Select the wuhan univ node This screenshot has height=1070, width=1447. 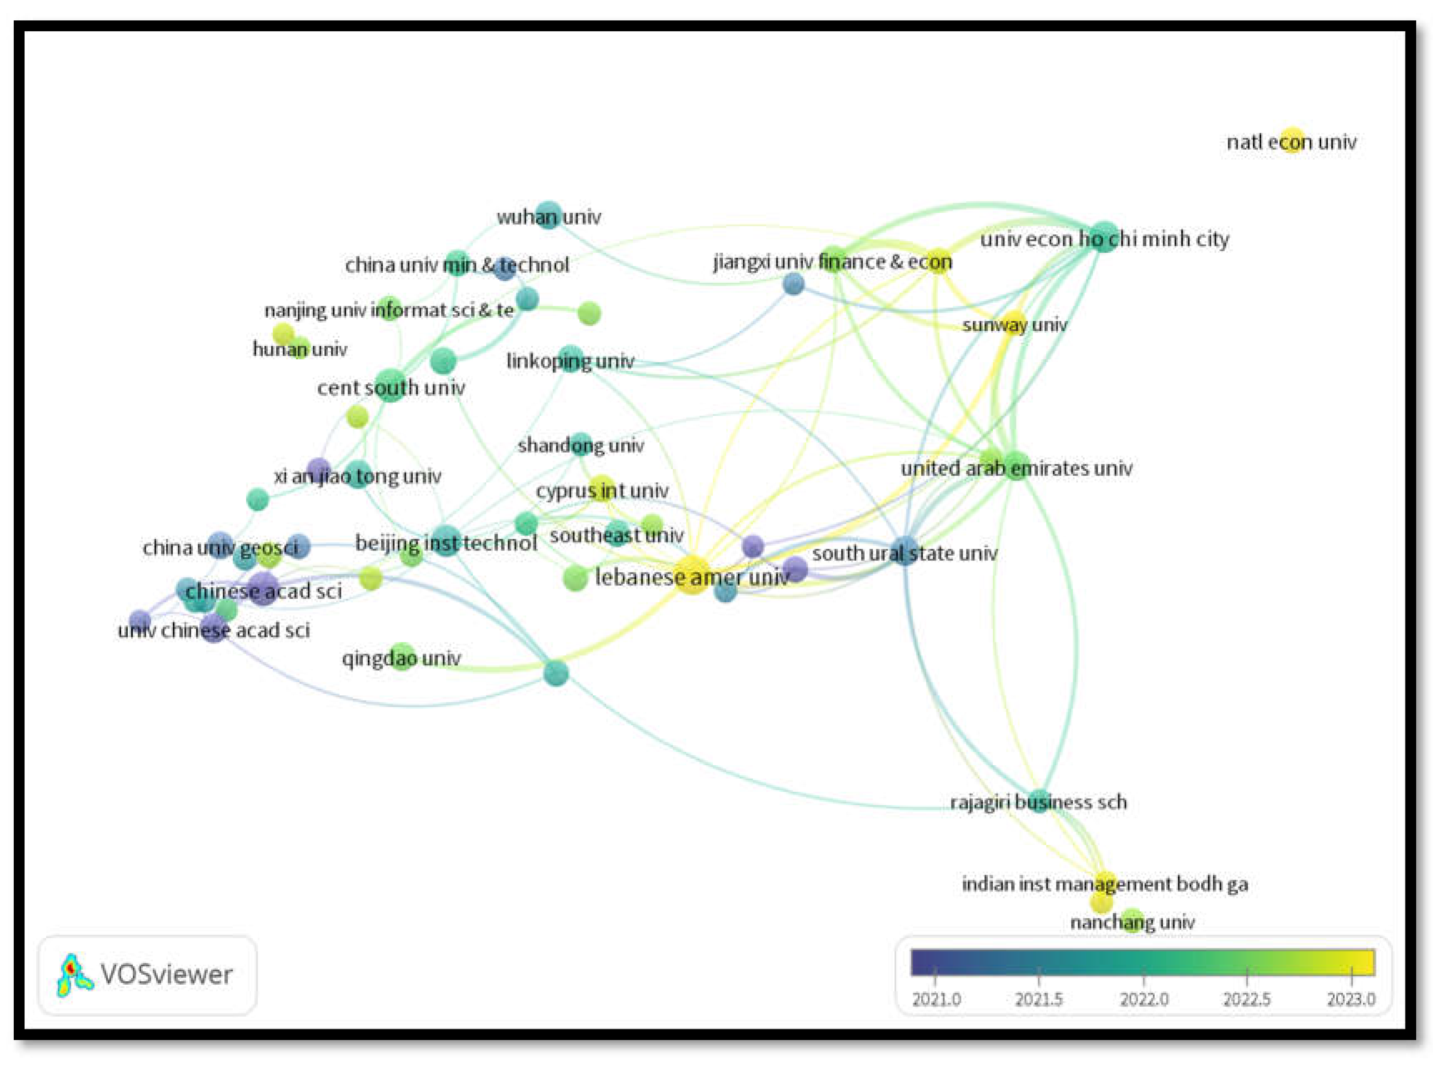coord(549,215)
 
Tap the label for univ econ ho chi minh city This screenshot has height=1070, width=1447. coord(1104,239)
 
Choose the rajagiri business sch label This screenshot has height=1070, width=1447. coord(1038,802)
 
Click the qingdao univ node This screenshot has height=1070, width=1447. coord(402,657)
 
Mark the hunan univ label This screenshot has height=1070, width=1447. coord(299,349)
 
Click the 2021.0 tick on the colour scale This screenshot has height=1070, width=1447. coord(935,975)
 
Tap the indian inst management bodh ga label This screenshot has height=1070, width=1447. coord(1104,883)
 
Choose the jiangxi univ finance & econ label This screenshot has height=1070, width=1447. coord(832,261)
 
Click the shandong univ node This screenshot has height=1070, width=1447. coord(581,444)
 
